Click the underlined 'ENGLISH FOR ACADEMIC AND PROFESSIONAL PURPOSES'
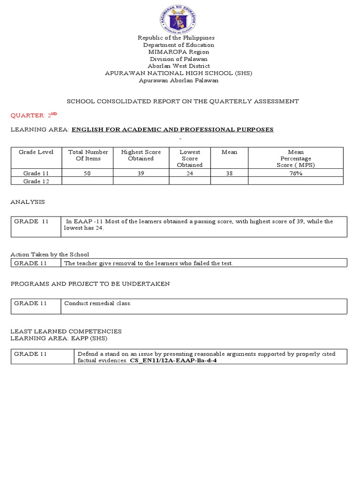(172, 129)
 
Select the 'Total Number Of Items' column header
(88, 155)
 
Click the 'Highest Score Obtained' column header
(141, 155)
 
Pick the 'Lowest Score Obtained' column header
(190, 158)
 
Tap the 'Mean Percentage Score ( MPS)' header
(296, 158)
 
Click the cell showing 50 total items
(88, 173)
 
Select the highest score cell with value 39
(141, 173)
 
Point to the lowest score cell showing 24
(190, 173)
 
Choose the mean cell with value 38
(229, 173)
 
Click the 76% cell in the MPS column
(296, 173)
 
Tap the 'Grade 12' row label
(36, 181)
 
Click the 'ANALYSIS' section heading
(28, 202)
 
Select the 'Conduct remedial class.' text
(97, 303)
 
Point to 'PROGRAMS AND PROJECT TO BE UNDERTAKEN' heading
(90, 284)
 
